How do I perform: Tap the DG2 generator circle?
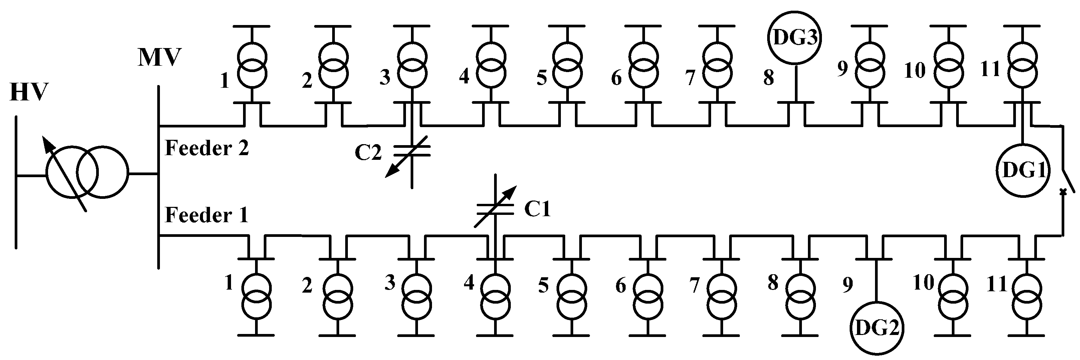[877, 328]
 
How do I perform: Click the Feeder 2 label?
[207, 148]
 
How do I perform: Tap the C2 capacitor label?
[368, 152]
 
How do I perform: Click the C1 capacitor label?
[537, 209]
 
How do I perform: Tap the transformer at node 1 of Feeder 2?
[252, 64]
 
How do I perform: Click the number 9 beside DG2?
[847, 285]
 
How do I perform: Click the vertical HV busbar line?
[16, 182]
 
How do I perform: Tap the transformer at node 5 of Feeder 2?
[568, 64]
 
